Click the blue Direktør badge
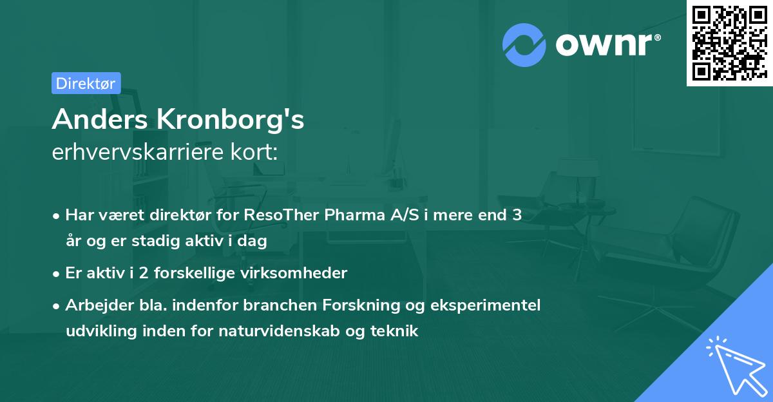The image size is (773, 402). (86, 83)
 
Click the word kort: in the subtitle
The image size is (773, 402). (256, 152)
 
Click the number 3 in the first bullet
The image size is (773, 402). (517, 216)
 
